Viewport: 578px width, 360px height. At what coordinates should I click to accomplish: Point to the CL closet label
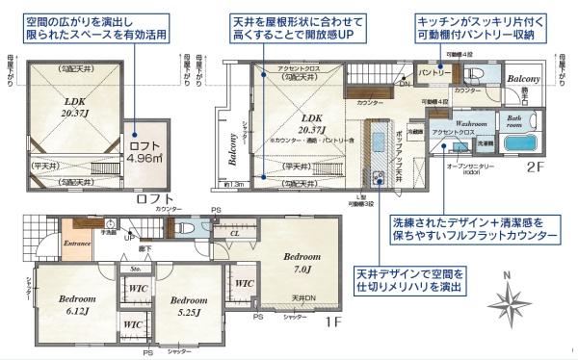click(x=235, y=232)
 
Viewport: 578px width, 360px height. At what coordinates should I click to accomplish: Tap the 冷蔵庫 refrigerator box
click(x=415, y=128)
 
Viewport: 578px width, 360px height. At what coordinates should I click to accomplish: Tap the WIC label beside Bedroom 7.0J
click(x=243, y=283)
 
